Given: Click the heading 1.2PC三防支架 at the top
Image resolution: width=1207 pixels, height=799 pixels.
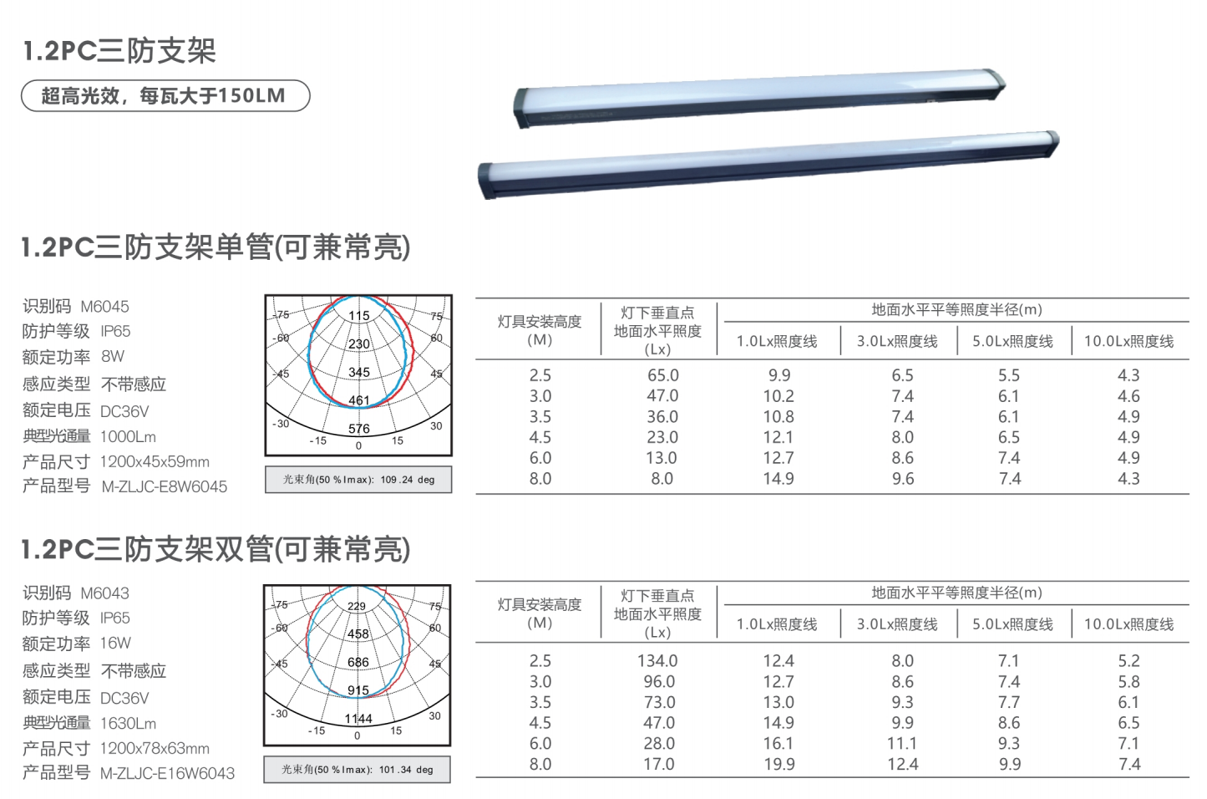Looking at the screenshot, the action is [119, 51].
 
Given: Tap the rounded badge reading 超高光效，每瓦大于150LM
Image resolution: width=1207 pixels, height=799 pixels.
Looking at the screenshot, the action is [165, 96].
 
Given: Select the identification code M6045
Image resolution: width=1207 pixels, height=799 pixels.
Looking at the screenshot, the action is [104, 307].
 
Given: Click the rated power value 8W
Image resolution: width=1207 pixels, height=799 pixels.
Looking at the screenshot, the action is [113, 356].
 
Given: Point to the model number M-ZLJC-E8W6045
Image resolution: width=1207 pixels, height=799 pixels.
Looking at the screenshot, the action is [165, 487].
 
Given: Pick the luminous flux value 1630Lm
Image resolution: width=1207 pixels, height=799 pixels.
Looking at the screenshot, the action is [129, 724].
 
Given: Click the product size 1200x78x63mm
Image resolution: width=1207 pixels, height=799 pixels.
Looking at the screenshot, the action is [155, 748].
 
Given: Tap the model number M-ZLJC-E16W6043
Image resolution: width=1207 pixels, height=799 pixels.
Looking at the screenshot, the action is [168, 774].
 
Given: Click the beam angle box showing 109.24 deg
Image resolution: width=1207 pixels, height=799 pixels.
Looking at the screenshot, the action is [358, 479].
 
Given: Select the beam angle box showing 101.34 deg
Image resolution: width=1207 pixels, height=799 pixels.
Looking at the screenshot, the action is [358, 770].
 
